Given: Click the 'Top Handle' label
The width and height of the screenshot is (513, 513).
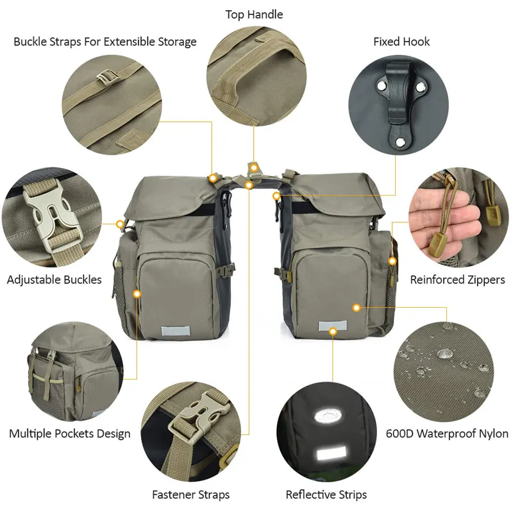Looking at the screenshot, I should coord(254,14).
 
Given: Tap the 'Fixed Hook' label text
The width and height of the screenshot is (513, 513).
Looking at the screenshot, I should coord(401,42).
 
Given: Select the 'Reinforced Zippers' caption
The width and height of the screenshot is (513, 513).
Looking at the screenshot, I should coord(457,280).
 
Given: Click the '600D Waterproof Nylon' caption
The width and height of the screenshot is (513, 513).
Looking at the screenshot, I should coord(447,433).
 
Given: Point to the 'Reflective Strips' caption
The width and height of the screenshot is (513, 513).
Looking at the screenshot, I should coord(326,494).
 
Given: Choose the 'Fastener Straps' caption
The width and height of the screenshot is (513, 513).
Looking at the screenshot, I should coord(190,494).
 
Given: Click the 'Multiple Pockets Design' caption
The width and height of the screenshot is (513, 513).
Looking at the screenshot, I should coord(69,433).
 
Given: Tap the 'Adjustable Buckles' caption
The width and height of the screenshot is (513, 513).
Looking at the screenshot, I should coord(54,280).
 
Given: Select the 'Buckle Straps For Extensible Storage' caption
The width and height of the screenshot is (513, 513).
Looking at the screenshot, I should coord(105,42).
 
